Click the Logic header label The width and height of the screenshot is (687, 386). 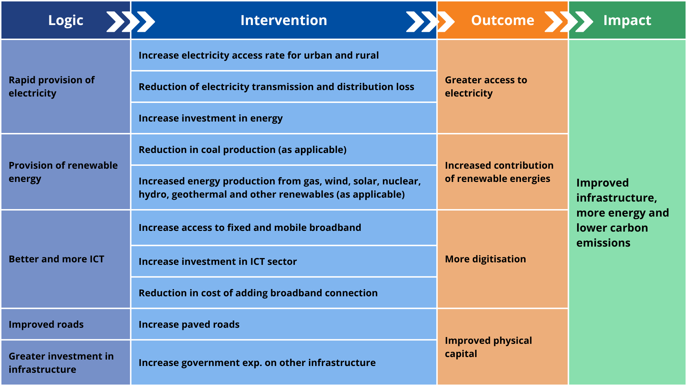(x=66, y=21)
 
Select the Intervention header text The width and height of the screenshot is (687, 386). (x=284, y=20)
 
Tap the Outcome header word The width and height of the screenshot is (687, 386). (x=502, y=20)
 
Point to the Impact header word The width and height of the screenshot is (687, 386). (x=627, y=21)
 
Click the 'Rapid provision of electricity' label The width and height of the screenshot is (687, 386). (x=52, y=86)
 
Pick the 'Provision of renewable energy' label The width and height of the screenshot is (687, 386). (x=63, y=172)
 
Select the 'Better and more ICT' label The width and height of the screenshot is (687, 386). (x=57, y=259)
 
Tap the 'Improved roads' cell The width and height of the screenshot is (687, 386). (x=66, y=324)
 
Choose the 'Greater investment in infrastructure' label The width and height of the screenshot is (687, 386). (x=61, y=362)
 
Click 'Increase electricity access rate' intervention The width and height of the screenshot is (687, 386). (x=259, y=55)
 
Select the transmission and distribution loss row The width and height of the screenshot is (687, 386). (x=284, y=87)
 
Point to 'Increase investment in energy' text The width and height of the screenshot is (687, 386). (x=210, y=118)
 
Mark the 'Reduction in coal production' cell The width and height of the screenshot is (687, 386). (x=284, y=149)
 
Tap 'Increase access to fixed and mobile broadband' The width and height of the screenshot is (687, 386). (x=250, y=228)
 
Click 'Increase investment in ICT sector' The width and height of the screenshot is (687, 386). (x=218, y=262)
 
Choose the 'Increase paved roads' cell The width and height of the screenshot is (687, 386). (x=284, y=324)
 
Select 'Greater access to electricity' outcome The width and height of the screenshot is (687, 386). (x=486, y=86)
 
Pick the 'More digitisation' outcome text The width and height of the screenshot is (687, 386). (x=485, y=259)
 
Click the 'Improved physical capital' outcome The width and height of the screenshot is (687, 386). (x=488, y=347)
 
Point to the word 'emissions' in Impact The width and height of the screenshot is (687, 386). (x=603, y=243)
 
